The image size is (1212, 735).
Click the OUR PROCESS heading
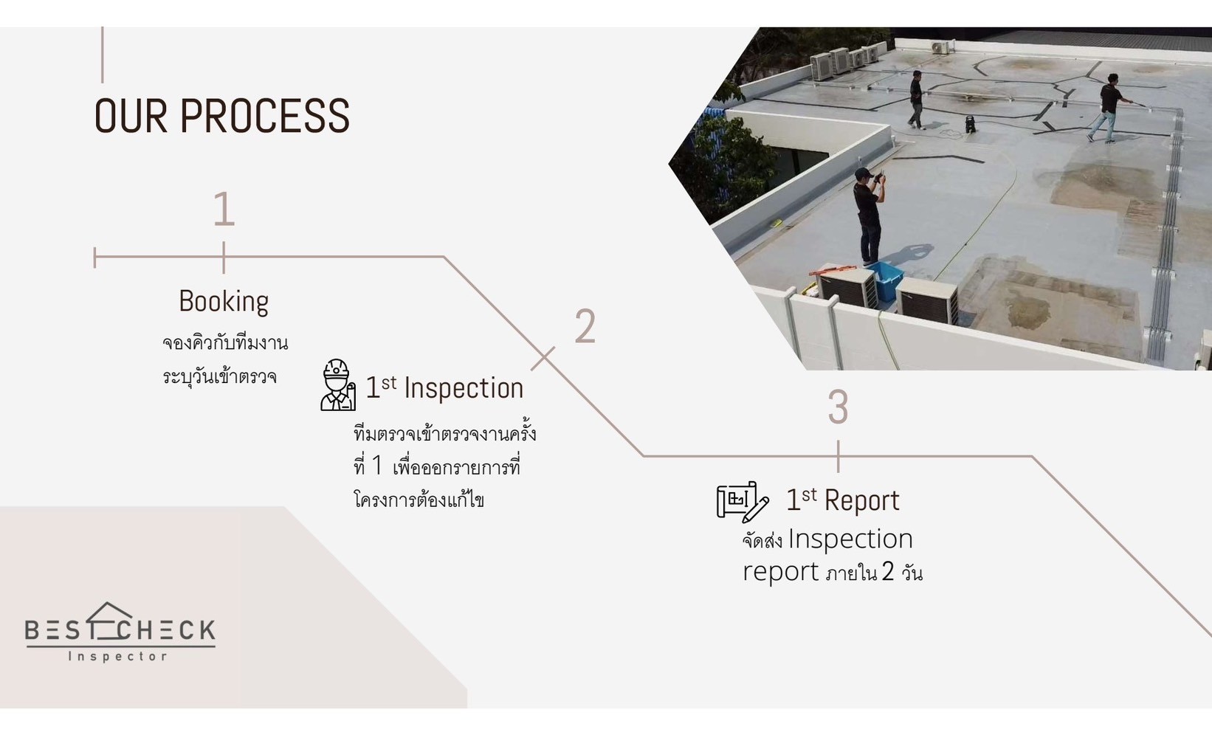coord(222,116)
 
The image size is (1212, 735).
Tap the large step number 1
coord(224,209)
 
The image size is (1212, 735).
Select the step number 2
coord(585,326)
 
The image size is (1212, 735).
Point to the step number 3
coord(838,406)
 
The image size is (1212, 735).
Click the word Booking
coord(224,302)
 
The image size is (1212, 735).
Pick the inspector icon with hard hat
coord(338,384)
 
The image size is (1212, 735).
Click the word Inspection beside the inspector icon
coord(464,387)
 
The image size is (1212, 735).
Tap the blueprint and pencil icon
coord(743,501)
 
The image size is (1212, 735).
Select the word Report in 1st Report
coord(862,500)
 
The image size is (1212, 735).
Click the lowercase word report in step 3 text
coord(780,572)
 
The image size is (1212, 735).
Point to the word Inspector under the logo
coord(118,657)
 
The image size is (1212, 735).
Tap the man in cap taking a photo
coord(869,216)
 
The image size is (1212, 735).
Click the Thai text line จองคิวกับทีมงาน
coord(225,343)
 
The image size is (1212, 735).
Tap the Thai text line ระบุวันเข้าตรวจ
coord(220,376)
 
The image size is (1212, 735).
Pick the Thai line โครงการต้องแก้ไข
coord(419,499)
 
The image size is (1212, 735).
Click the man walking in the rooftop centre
coord(915,100)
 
